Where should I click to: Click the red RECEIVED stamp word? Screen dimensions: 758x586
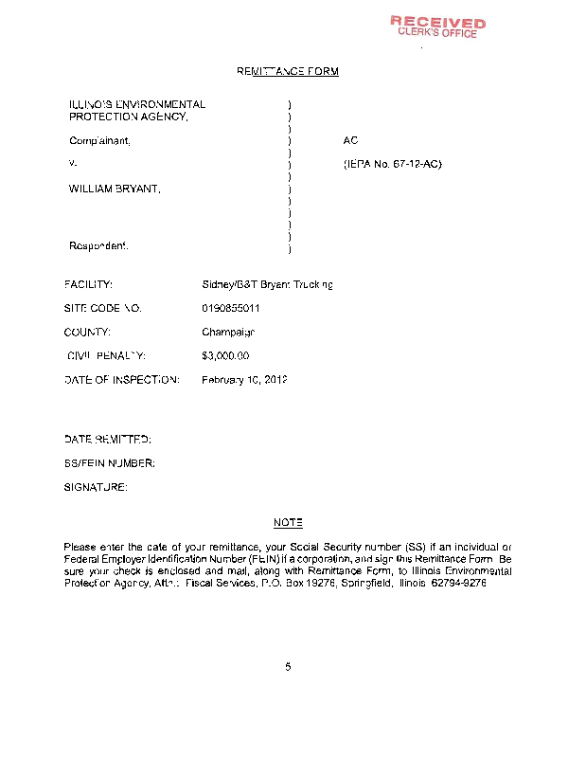[x=438, y=22]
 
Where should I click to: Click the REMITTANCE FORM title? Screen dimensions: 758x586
[x=287, y=71]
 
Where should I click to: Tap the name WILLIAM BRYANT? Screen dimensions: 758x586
[x=115, y=189]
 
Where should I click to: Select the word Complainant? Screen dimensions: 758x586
[x=99, y=140]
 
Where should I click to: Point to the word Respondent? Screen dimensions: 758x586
[x=98, y=246]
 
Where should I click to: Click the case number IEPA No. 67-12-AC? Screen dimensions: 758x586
[x=392, y=165]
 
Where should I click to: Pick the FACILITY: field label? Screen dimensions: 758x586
[x=89, y=284]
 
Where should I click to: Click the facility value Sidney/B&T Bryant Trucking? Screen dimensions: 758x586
[x=268, y=284]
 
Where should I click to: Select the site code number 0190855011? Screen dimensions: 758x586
[x=232, y=308]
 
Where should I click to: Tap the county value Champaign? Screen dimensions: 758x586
[x=228, y=333]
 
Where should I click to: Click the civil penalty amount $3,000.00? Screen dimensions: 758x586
[x=225, y=356]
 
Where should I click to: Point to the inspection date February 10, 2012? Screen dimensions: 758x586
[x=244, y=380]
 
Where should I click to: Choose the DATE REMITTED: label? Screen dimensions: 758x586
[x=108, y=440]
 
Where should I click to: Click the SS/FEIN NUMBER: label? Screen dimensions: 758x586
[x=110, y=463]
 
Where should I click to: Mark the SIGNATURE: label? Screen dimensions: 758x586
[x=96, y=487]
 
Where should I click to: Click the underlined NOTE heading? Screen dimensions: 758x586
[x=288, y=523]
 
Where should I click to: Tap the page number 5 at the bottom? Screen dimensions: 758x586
[x=288, y=666]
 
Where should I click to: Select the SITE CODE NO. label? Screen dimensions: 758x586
[x=103, y=308]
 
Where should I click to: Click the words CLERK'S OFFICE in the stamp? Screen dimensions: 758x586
[x=438, y=33]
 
